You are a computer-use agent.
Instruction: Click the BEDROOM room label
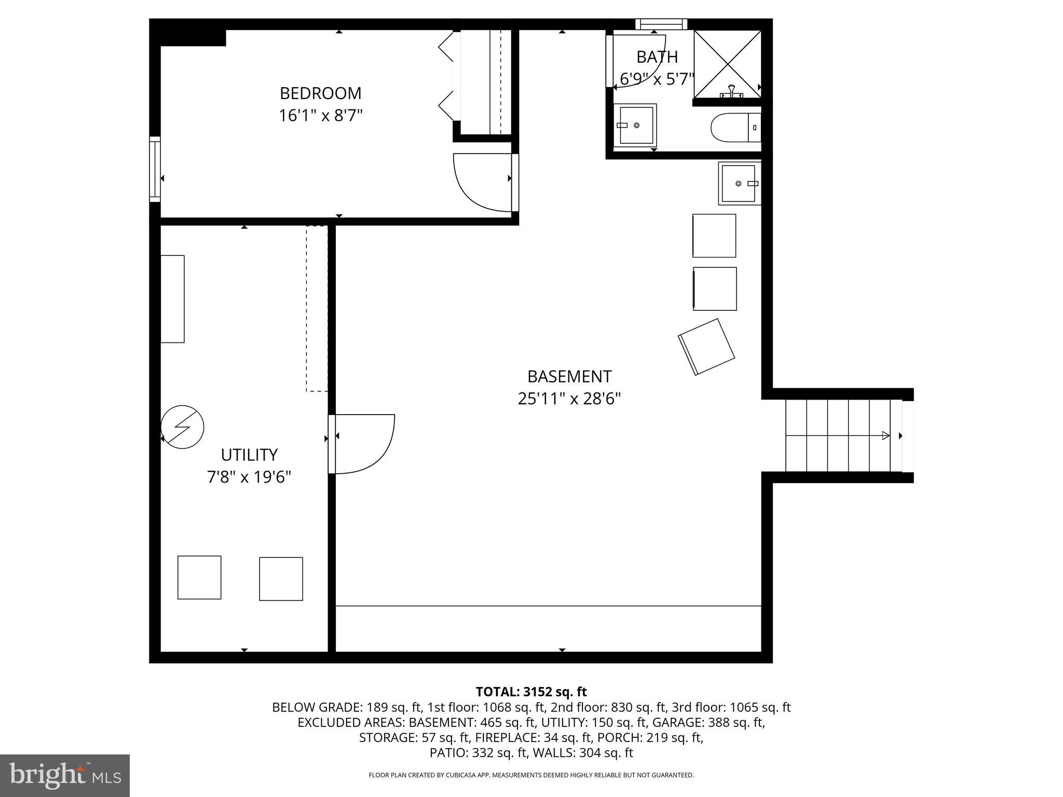pos(320,93)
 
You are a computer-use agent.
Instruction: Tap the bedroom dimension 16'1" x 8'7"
pos(320,115)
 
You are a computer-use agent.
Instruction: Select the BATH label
pos(657,57)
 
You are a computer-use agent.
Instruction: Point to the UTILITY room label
pos(249,455)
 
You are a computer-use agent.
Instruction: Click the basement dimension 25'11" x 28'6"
pos(569,399)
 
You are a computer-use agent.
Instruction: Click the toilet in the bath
pos(734,127)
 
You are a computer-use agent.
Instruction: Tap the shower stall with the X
pos(728,64)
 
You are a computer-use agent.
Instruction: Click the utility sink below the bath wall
pos(739,183)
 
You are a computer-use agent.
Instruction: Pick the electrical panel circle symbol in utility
pos(182,427)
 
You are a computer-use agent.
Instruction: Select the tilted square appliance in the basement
pos(706,347)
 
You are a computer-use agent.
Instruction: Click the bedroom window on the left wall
pos(155,169)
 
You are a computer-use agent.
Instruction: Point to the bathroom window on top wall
pos(661,24)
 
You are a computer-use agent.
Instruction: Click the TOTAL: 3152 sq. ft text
pos(531,692)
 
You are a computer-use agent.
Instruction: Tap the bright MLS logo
pos(65,776)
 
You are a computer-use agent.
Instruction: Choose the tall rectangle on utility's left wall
pos(172,299)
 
